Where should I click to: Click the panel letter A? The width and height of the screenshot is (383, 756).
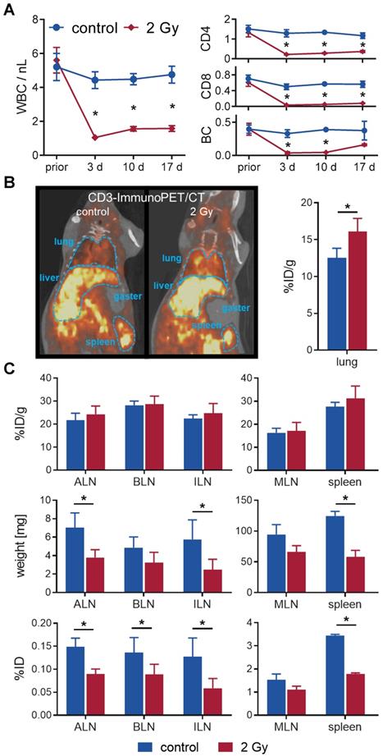[x=9, y=9]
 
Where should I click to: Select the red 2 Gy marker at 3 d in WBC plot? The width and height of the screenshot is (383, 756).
[x=95, y=137]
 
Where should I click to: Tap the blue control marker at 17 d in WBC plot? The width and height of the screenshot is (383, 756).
[x=171, y=75]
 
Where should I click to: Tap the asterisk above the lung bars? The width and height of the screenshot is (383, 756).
[x=348, y=206]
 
